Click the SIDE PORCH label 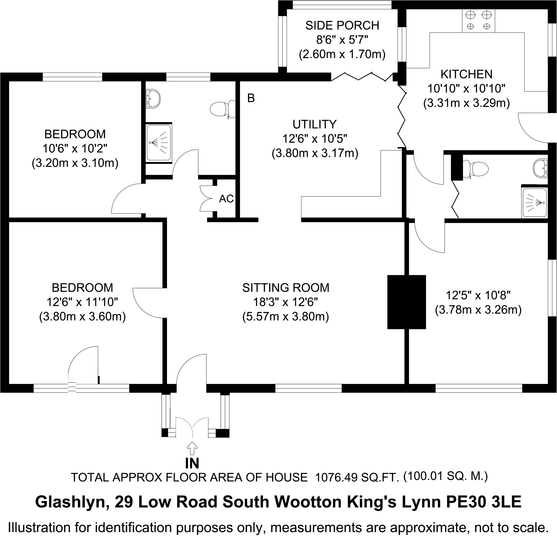point(342,26)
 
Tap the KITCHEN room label point(466,74)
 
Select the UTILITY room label point(315,124)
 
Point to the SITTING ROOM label point(286,288)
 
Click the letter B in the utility point(251,98)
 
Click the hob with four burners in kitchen point(479,20)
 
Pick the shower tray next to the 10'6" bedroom point(159,143)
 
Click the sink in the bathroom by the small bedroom point(153,99)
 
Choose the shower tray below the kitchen point(534,203)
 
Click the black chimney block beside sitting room point(406,302)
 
